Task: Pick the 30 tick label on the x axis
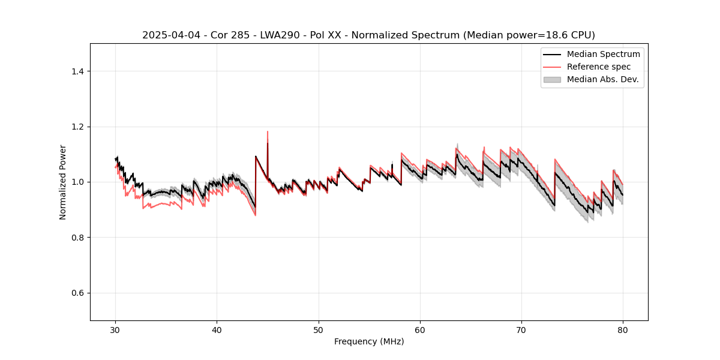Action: click(x=116, y=330)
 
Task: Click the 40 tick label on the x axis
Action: click(x=217, y=330)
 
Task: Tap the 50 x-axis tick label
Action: click(x=319, y=330)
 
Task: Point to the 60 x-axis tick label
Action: click(x=420, y=330)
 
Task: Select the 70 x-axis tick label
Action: click(x=521, y=330)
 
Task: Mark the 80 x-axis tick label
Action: click(x=623, y=330)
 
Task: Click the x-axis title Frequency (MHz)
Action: click(x=369, y=341)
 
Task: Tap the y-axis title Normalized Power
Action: click(x=63, y=182)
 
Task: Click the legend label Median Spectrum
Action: click(x=603, y=54)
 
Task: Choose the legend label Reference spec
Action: click(x=599, y=67)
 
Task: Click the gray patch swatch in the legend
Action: click(x=552, y=79)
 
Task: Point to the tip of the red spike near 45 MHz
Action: click(x=268, y=131)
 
